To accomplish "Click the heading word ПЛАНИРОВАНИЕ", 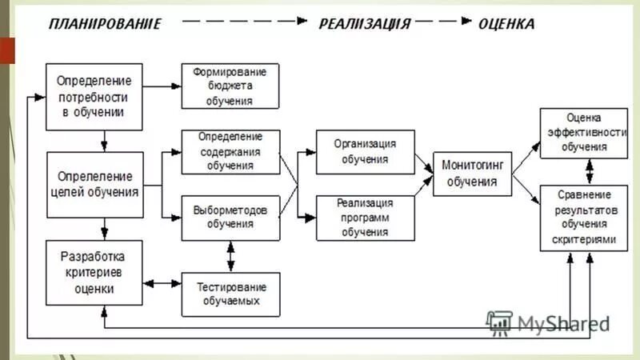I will pyautogui.click(x=105, y=24).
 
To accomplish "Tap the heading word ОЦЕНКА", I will pyautogui.click(x=506, y=24).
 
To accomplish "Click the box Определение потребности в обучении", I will pyautogui.click(x=94, y=97).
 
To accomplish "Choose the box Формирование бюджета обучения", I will pyautogui.click(x=230, y=86).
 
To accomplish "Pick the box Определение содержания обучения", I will pyautogui.click(x=230, y=151).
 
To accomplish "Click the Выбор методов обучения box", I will pyautogui.click(x=230, y=217).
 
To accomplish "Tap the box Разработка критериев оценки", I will pyautogui.click(x=94, y=273).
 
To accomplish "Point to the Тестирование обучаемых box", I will pyautogui.click(x=230, y=294).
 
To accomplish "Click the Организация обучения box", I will pyautogui.click(x=365, y=151).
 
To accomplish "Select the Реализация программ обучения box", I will pyautogui.click(x=365, y=217).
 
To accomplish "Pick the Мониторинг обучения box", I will pyautogui.click(x=472, y=174).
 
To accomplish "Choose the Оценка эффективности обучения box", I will pyautogui.click(x=583, y=132).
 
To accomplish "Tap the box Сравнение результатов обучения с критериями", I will pyautogui.click(x=583, y=217).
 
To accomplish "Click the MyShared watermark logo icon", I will pyautogui.click(x=499, y=322).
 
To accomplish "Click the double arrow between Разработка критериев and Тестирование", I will pyautogui.click(x=162, y=283).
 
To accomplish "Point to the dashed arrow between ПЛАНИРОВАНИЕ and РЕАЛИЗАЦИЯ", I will pyautogui.click(x=240, y=24).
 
